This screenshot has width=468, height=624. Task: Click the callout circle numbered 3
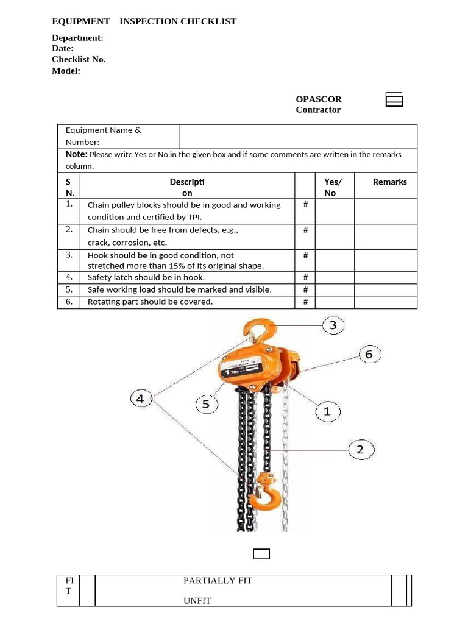click(333, 325)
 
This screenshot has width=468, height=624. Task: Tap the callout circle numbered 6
click(369, 354)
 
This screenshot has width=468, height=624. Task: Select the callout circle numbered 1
click(327, 411)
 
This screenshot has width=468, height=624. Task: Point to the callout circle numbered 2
click(360, 450)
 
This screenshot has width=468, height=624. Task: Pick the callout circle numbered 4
click(141, 399)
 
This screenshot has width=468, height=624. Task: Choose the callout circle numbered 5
click(206, 404)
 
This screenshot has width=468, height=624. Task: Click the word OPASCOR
click(319, 99)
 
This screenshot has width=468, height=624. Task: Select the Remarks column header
click(389, 182)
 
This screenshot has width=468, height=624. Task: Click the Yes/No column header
click(333, 186)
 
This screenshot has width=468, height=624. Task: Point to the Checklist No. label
click(79, 59)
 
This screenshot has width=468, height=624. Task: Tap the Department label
click(77, 38)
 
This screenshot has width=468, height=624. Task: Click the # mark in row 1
click(305, 205)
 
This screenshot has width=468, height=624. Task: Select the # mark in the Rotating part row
click(305, 302)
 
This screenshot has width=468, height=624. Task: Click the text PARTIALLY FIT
click(218, 580)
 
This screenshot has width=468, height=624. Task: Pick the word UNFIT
click(197, 600)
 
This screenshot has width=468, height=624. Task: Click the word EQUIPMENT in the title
click(81, 21)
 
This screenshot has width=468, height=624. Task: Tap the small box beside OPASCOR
click(394, 99)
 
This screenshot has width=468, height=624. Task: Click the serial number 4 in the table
click(69, 277)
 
